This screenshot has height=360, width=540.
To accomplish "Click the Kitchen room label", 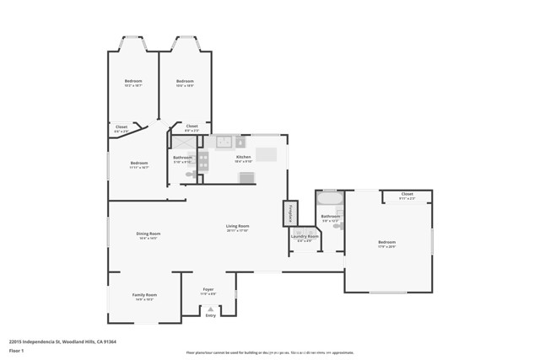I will point(243,158).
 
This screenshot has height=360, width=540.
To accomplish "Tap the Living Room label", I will point(237,226).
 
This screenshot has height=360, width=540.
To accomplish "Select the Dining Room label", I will point(148,234).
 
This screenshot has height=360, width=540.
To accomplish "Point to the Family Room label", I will point(143,294).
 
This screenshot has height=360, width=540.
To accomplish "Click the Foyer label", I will point(208,289).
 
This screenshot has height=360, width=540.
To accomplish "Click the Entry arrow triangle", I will point(210,309).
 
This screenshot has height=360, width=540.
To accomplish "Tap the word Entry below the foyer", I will point(210,315).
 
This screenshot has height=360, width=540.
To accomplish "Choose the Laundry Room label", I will point(305,237).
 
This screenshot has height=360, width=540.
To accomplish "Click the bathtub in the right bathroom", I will point(328,202).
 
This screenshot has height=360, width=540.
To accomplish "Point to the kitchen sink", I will point(224,142).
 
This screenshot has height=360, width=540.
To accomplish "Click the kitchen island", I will point(267,154).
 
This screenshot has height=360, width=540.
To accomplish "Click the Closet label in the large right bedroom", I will point(407,194).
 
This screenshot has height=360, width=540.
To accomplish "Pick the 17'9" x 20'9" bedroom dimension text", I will point(386,247).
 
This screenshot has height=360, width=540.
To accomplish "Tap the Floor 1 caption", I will point(16,350).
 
